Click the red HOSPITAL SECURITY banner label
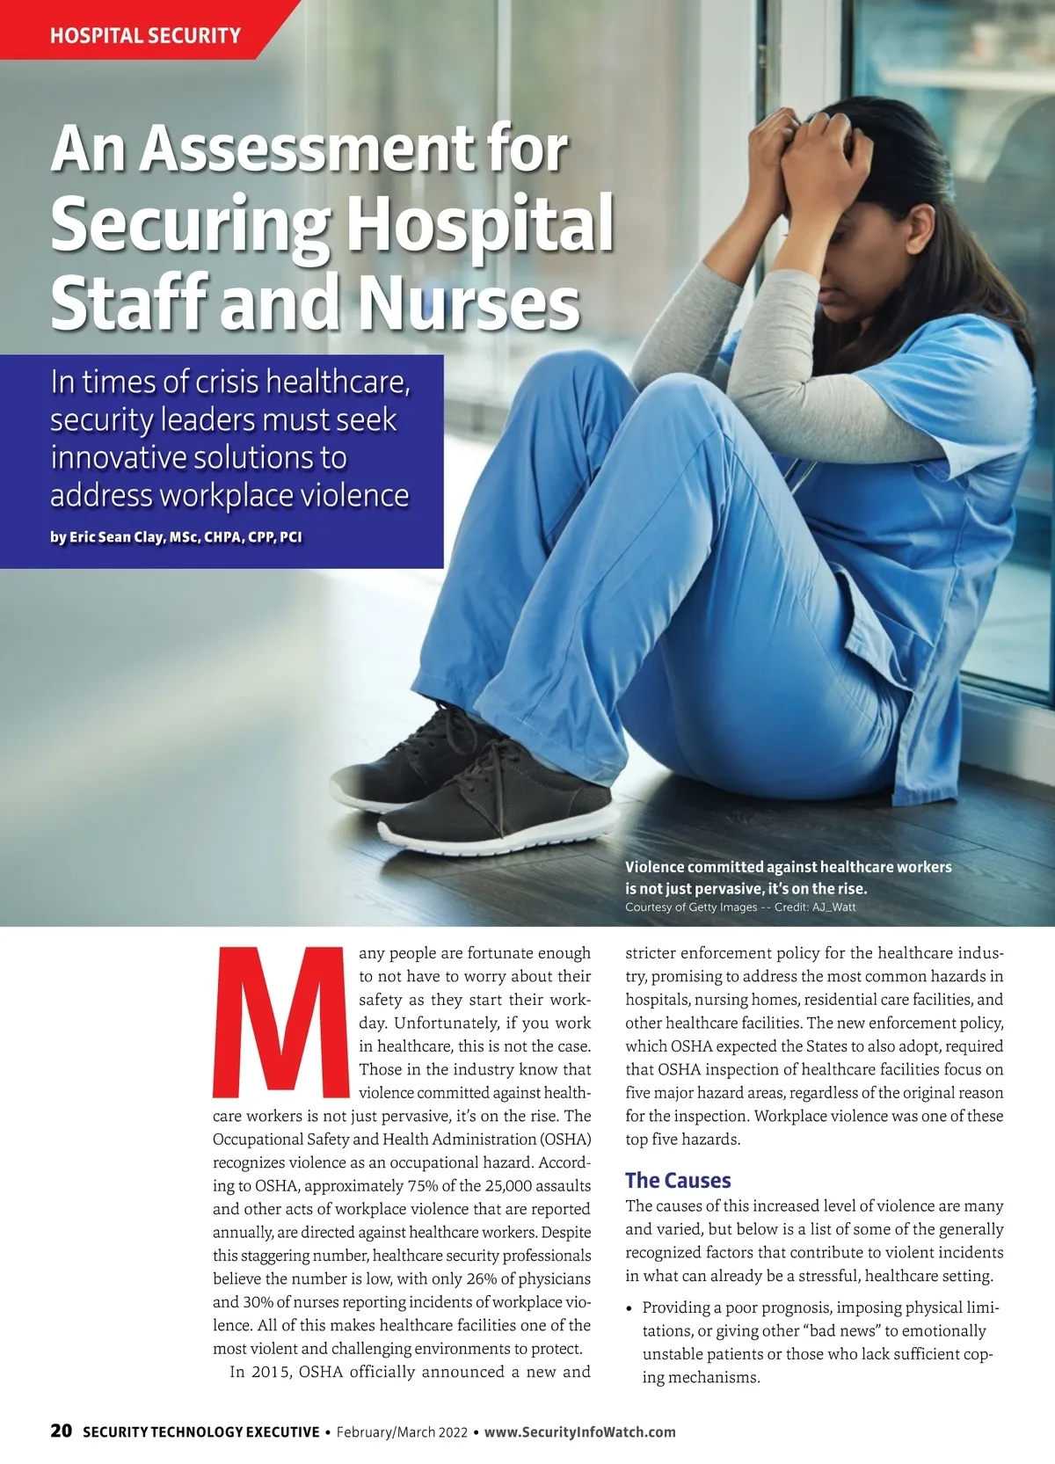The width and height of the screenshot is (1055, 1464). [145, 36]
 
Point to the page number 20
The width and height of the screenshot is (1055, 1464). [61, 1431]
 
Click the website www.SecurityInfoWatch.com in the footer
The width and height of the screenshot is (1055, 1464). [580, 1431]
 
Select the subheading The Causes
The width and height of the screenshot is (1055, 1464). [678, 1180]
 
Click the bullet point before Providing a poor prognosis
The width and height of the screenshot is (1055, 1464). [629, 1308]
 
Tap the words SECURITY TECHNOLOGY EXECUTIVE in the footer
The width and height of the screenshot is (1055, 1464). [201, 1431]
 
